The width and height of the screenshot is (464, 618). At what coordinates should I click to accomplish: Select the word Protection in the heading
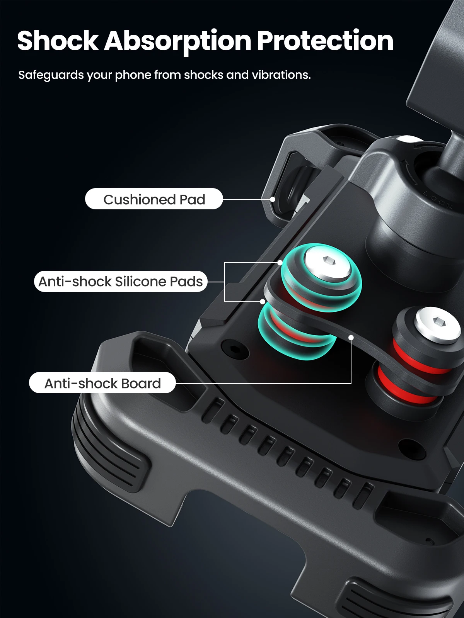tap(325, 41)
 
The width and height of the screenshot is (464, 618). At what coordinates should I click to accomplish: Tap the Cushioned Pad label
tap(154, 199)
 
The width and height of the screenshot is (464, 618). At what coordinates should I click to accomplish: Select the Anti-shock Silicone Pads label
tap(121, 281)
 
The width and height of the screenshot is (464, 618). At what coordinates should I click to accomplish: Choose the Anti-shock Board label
tap(102, 383)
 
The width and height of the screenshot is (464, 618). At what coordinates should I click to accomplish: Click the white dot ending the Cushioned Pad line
tap(273, 199)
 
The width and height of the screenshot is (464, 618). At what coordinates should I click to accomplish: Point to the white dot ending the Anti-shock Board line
tap(351, 338)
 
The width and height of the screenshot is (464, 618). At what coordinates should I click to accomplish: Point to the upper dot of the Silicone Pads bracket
tap(280, 263)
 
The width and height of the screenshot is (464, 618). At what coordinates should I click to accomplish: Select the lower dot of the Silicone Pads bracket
tap(263, 301)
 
